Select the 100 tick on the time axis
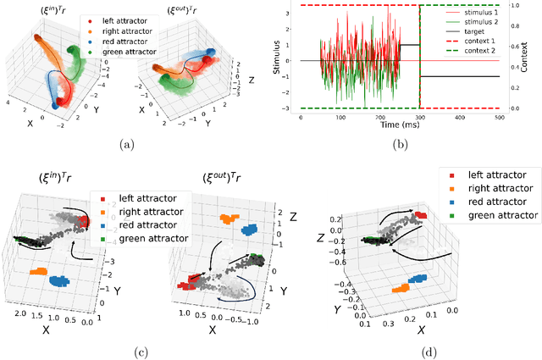click(340, 117)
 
